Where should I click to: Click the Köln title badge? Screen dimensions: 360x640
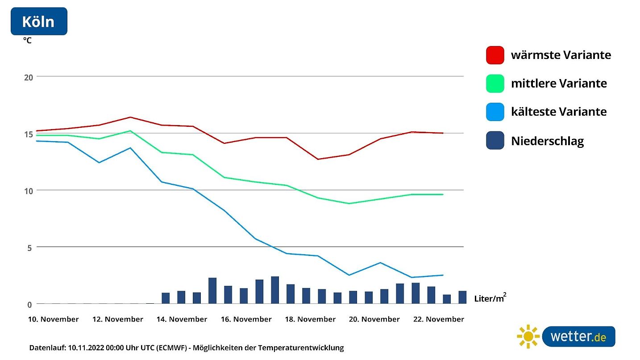pyautogui.click(x=39, y=21)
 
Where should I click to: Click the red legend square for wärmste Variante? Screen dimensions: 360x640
pyautogui.click(x=495, y=55)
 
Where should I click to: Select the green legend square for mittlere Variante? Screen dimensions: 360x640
pyautogui.click(x=495, y=84)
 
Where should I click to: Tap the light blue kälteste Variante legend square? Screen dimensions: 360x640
pyautogui.click(x=495, y=112)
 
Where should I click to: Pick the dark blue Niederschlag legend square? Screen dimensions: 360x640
pyautogui.click(x=495, y=140)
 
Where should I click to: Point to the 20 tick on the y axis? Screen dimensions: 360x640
pyautogui.click(x=29, y=77)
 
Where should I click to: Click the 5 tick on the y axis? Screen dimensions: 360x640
pyautogui.click(x=30, y=247)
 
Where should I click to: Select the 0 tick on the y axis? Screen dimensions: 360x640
pyautogui.click(x=30, y=305)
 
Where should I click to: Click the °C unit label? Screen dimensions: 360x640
pyautogui.click(x=27, y=40)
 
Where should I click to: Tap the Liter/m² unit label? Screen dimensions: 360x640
pyautogui.click(x=490, y=298)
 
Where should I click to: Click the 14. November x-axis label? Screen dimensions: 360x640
pyautogui.click(x=182, y=319)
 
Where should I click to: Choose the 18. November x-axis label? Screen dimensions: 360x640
pyautogui.click(x=310, y=319)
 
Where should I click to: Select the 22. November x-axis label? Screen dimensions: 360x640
pyautogui.click(x=438, y=319)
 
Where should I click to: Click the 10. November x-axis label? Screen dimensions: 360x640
pyautogui.click(x=53, y=319)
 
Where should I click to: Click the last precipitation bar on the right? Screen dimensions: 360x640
pyautogui.click(x=462, y=297)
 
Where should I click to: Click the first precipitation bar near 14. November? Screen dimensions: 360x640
pyautogui.click(x=166, y=298)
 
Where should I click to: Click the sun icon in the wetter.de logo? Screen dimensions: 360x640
pyautogui.click(x=528, y=336)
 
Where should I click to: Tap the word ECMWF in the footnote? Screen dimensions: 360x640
pyautogui.click(x=169, y=347)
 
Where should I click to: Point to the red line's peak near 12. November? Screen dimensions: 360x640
pyautogui.click(x=130, y=117)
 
